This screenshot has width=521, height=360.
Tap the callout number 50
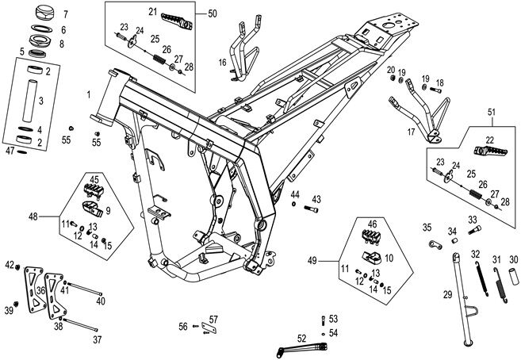point(212,13)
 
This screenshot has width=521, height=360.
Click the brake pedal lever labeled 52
point(301,346)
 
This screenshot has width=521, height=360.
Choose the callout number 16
point(224,61)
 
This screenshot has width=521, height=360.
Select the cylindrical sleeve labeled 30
point(512,280)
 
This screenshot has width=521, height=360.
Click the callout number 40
point(100,301)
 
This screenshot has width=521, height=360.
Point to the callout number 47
point(10,150)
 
